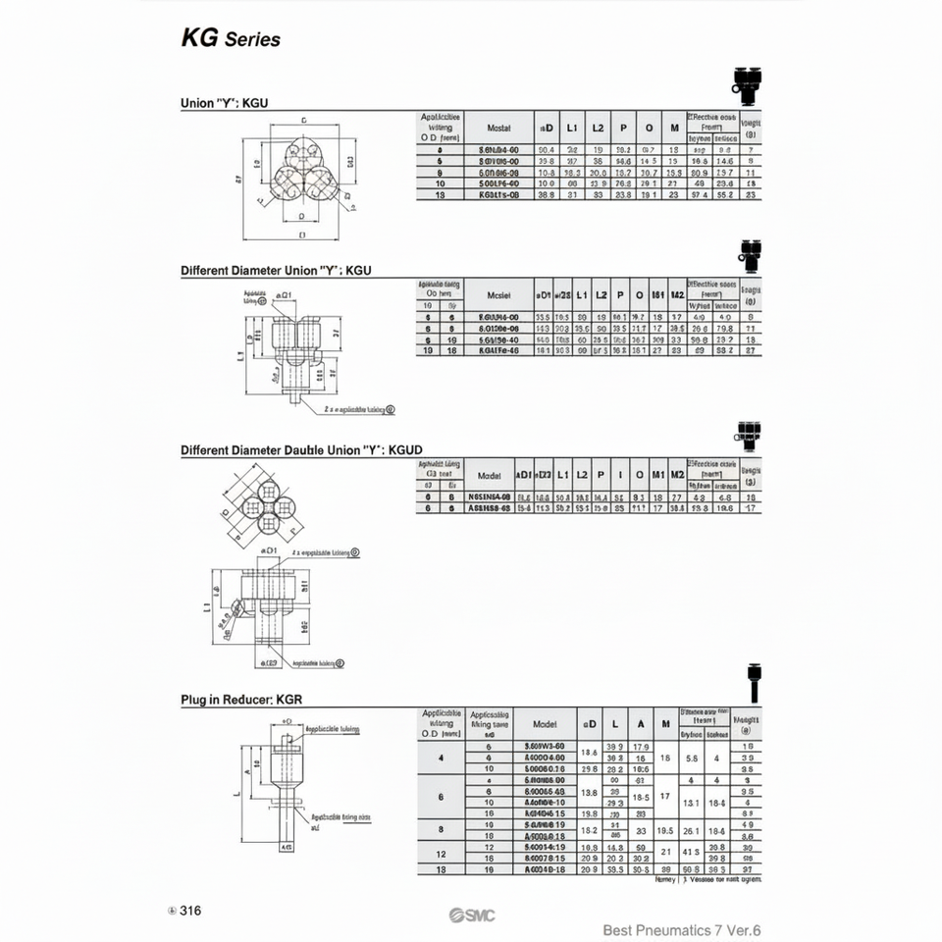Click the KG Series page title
[231, 39]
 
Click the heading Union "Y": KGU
[224, 102]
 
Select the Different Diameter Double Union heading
[301, 450]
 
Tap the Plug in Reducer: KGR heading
[240, 700]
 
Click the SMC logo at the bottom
[472, 916]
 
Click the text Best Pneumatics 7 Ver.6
[682, 930]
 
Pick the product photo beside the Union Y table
[746, 85]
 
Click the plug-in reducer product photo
[753, 683]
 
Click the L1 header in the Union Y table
[573, 129]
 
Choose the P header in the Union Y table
[622, 129]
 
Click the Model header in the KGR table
[545, 724]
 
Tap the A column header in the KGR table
[641, 724]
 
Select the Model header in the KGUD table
[489, 475]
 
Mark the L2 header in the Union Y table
[597, 129]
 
